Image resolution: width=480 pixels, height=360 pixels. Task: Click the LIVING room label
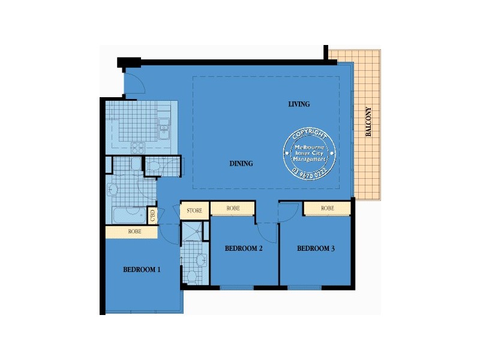click(299, 104)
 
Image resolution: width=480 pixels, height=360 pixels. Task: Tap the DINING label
click(241, 163)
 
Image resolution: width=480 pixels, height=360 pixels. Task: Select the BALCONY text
click(368, 122)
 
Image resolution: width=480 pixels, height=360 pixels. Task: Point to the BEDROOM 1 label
click(142, 270)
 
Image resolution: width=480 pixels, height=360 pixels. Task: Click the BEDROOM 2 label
click(244, 248)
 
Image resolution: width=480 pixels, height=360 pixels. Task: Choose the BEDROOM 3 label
click(316, 248)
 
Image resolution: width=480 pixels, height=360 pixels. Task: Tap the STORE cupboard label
click(194, 211)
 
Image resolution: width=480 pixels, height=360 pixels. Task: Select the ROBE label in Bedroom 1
click(134, 231)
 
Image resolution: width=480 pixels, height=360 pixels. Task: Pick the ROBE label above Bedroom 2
click(233, 208)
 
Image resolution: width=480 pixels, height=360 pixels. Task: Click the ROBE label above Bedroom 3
click(327, 208)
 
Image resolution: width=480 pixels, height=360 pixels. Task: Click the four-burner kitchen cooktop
click(138, 146)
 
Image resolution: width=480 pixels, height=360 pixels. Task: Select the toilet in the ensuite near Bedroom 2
click(192, 277)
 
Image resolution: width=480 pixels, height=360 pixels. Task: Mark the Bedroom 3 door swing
click(287, 212)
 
